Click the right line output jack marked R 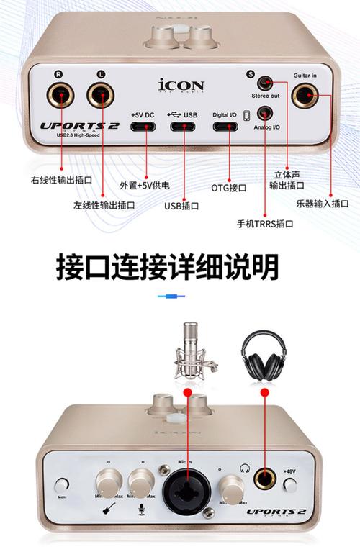tap(60, 95)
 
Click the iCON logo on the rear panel tap(181, 86)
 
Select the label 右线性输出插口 tap(62, 180)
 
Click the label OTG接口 tap(228, 188)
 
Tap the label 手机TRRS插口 tap(265, 224)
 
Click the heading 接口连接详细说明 tap(167, 268)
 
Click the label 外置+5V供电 tap(145, 186)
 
